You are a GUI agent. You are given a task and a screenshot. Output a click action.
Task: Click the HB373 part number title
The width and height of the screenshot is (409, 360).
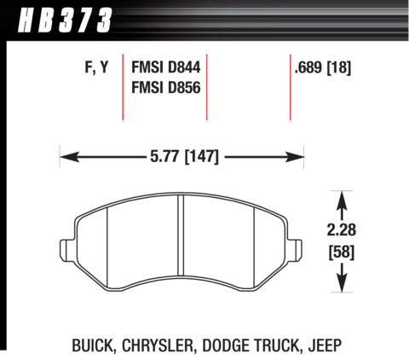point(65,20)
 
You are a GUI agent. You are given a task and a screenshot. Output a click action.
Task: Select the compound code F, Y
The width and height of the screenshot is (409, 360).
point(96,67)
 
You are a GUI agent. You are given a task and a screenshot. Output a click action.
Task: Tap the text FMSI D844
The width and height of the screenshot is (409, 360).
point(166,67)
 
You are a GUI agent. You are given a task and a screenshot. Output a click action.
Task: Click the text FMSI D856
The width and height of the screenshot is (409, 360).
point(166,87)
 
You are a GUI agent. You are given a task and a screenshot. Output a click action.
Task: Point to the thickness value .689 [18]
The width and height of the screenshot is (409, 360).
point(323,68)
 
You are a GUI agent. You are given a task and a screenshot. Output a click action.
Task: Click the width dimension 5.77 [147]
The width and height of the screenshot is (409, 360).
point(184,156)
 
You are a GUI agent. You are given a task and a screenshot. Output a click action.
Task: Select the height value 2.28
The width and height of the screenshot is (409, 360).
point(342,229)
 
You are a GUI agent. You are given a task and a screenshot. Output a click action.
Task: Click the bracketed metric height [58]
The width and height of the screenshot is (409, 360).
point(342,252)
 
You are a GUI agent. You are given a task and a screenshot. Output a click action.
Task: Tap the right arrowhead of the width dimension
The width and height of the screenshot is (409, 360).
point(294,157)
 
